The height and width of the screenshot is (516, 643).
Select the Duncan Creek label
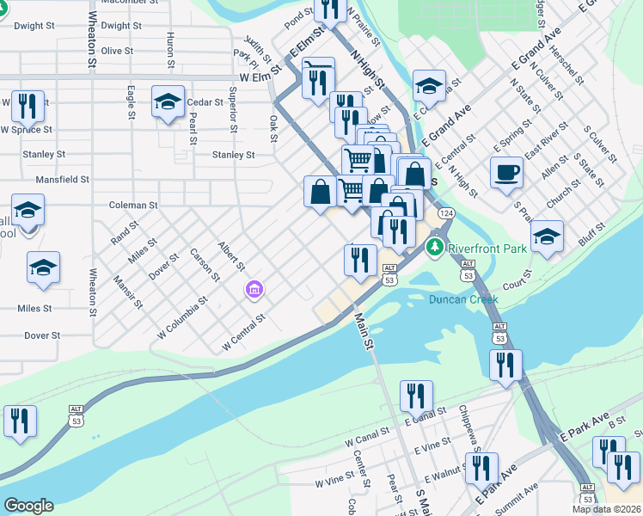point(464,300)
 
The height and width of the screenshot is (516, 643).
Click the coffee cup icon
point(506,171)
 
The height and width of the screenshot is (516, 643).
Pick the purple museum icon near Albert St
point(253,291)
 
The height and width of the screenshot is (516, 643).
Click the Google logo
point(28,506)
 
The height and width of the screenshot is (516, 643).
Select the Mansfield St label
point(62,180)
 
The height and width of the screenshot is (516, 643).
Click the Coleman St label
point(133,206)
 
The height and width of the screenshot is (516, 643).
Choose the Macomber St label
point(127,3)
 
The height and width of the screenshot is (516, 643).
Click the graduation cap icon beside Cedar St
point(168,101)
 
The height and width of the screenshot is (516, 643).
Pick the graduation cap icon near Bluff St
point(547,236)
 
